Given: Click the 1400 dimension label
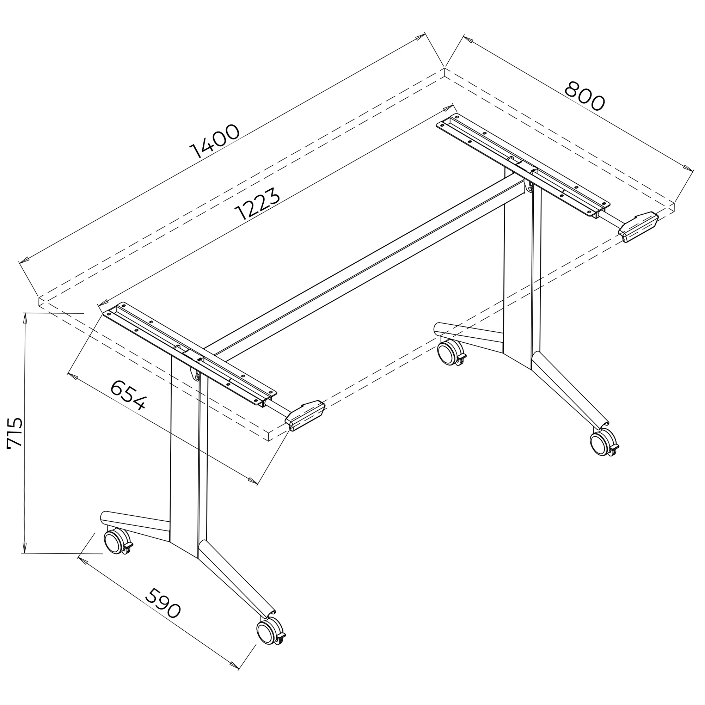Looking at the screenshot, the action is pyautogui.click(x=215, y=142).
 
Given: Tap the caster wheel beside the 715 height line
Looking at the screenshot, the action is pyautogui.click(x=118, y=542).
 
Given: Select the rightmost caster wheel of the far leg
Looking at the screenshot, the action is pyautogui.click(x=604, y=442).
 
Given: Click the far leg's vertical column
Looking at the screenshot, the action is pyautogui.click(x=522, y=270).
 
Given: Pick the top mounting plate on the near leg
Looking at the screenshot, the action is pyautogui.click(x=189, y=352).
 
